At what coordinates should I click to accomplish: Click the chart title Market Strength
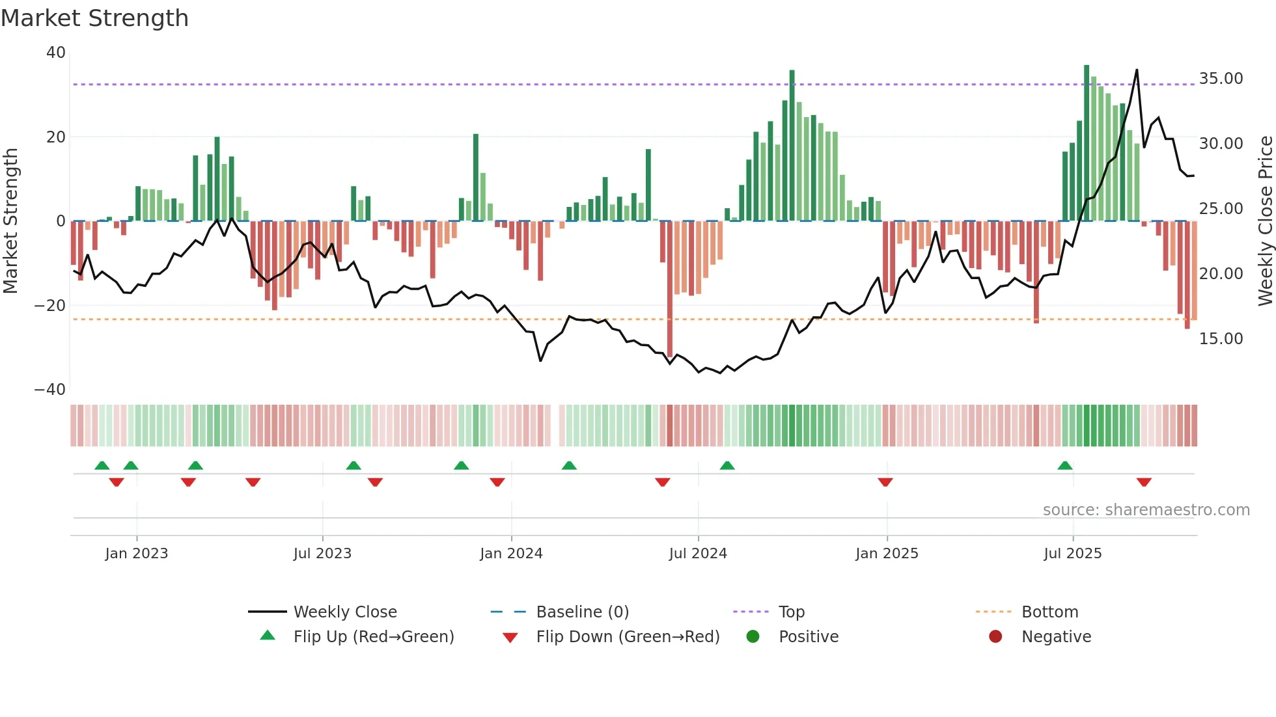coord(94,18)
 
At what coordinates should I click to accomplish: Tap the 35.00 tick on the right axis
coord(1221,79)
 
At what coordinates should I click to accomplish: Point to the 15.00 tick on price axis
coord(1221,339)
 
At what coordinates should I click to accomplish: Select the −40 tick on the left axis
coord(50,390)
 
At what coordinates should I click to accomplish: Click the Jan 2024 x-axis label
coord(511,554)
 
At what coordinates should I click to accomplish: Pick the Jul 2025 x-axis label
coord(1072,554)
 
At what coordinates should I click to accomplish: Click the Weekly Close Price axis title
coord(1265,221)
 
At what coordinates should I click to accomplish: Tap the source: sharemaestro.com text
coord(1146,510)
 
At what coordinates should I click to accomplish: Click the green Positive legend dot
coord(753,637)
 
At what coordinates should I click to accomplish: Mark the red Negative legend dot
coord(995,637)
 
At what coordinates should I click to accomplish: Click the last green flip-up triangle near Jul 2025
coord(1065,466)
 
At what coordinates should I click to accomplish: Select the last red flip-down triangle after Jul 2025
coord(1144,482)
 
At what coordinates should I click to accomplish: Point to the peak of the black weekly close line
coord(1137,70)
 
